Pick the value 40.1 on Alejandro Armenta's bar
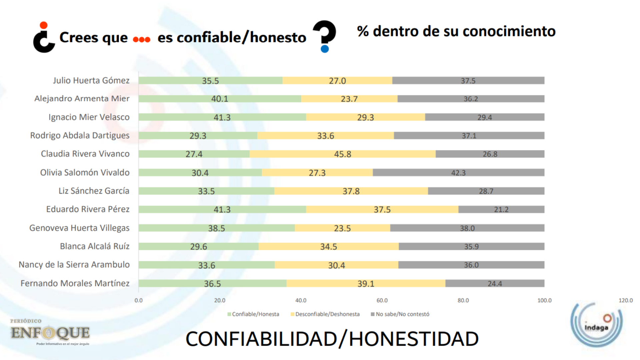pos(220,99)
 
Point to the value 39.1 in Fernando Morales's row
pos(366,284)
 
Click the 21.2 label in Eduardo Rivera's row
pos(501,210)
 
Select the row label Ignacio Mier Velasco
pos(89,117)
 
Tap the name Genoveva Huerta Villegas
pos(79,228)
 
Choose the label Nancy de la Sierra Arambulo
pos(74,265)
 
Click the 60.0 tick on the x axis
pos(382,300)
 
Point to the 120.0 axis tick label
pos(625,300)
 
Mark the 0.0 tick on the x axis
pos(138,300)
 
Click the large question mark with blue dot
pos(325,36)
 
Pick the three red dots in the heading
pos(142,40)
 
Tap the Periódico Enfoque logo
pos(50,332)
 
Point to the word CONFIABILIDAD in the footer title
pos(261,339)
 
